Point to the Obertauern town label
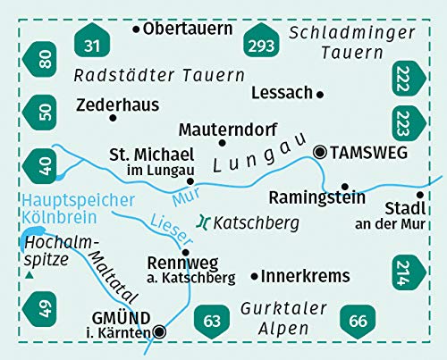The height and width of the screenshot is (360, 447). click(181, 29)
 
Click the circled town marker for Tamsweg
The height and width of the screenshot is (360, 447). click(319, 153)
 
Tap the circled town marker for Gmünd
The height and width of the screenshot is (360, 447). click(159, 331)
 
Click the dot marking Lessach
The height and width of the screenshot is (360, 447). click(320, 93)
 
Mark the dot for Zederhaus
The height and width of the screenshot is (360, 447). click(113, 118)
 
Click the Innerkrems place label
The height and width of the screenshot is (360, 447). click(305, 276)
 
